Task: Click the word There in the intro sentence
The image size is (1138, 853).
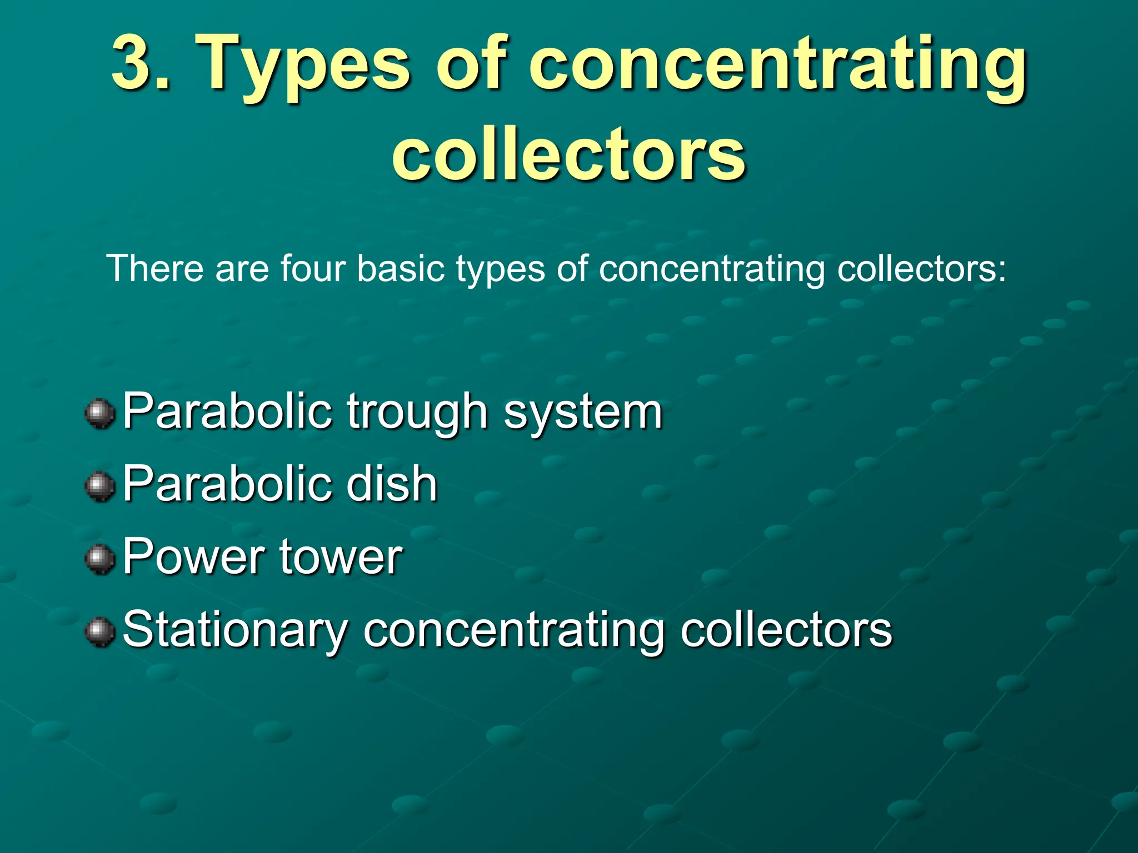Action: (x=155, y=269)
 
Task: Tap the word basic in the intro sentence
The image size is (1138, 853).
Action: (x=401, y=269)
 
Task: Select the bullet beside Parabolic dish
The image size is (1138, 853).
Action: (x=100, y=486)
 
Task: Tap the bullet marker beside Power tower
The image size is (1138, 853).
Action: (x=100, y=559)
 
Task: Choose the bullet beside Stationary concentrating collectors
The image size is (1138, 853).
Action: (x=100, y=632)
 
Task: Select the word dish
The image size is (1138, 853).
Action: (x=392, y=484)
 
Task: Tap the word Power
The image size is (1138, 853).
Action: (x=194, y=556)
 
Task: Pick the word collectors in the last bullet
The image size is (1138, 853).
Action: (x=786, y=630)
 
